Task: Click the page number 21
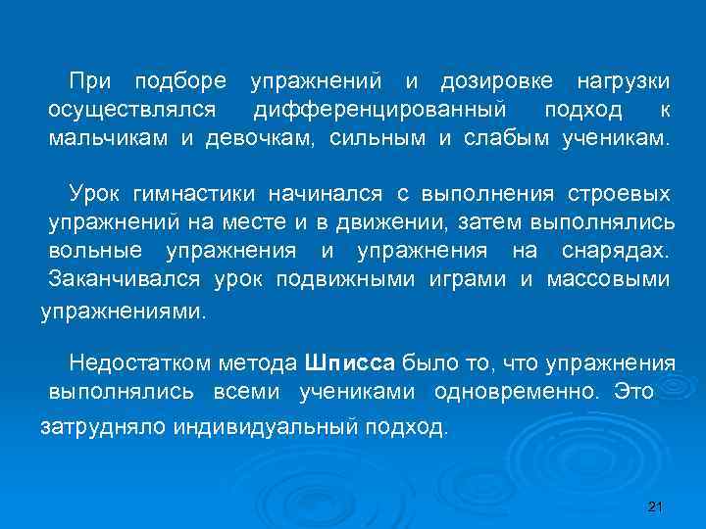[x=656, y=505]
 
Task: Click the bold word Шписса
[x=350, y=363]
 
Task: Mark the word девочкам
[x=260, y=138]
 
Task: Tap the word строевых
[x=625, y=195]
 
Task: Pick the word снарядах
[x=617, y=253]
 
